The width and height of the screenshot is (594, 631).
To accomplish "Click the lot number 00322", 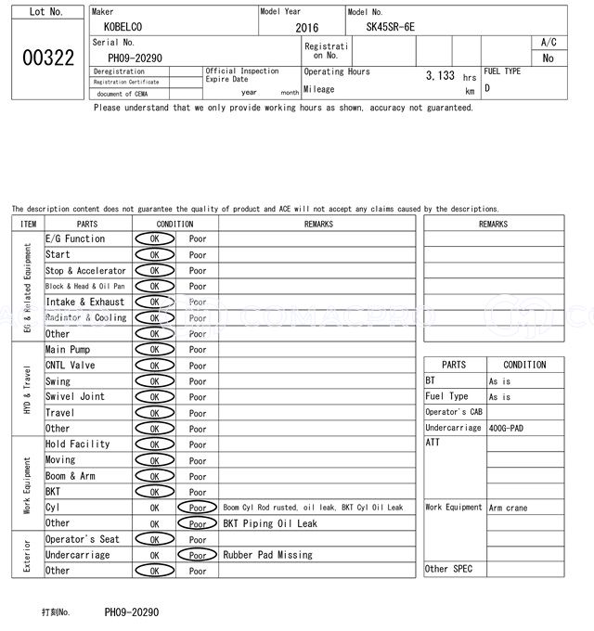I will (47, 58).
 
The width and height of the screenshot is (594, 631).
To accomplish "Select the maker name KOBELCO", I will (123, 27).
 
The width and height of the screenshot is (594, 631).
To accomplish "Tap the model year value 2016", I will (306, 28).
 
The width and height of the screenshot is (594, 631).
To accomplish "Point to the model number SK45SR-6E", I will (391, 27).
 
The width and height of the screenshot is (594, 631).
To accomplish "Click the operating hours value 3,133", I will (440, 76).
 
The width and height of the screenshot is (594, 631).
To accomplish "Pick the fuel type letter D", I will (487, 88).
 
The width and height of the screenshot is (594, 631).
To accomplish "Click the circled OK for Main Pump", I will (154, 350).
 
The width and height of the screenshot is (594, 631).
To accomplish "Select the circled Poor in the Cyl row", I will (197, 508).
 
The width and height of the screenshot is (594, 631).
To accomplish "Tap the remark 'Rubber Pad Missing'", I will (267, 555).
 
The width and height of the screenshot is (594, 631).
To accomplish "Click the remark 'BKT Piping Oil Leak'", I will (269, 523).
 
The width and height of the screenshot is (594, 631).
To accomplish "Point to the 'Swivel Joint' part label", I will (75, 397).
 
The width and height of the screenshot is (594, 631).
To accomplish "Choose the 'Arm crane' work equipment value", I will (508, 508).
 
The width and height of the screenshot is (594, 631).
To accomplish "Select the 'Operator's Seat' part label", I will (83, 539).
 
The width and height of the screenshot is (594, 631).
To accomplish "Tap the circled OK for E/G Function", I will (154, 239).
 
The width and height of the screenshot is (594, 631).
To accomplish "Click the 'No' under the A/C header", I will (548, 58).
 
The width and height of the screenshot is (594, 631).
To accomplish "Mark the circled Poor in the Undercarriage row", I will (197, 555).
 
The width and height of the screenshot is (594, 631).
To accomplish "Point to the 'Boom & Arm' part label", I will (71, 476).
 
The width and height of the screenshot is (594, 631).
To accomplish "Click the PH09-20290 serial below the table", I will (132, 612).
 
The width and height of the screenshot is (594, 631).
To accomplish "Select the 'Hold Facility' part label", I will (78, 444).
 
